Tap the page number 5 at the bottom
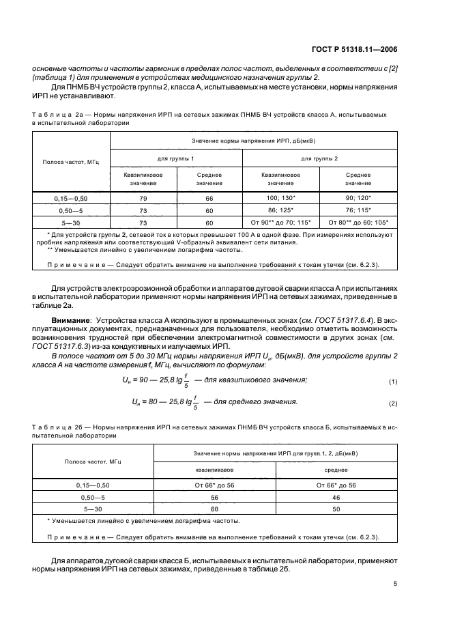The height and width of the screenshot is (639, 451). (396, 584)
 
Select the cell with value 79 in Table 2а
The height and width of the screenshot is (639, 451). (143, 198)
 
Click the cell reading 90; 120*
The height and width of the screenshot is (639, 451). (358, 198)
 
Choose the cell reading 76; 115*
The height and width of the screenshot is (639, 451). (358, 210)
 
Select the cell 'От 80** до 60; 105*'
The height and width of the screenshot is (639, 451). (358, 223)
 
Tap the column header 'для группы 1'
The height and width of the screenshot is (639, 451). (176, 158)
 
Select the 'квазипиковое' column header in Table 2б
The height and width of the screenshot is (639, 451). (214, 470)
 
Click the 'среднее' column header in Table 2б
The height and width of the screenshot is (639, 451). (336, 470)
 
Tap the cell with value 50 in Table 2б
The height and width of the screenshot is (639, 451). (336, 509)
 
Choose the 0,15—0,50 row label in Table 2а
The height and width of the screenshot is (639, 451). (71, 198)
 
